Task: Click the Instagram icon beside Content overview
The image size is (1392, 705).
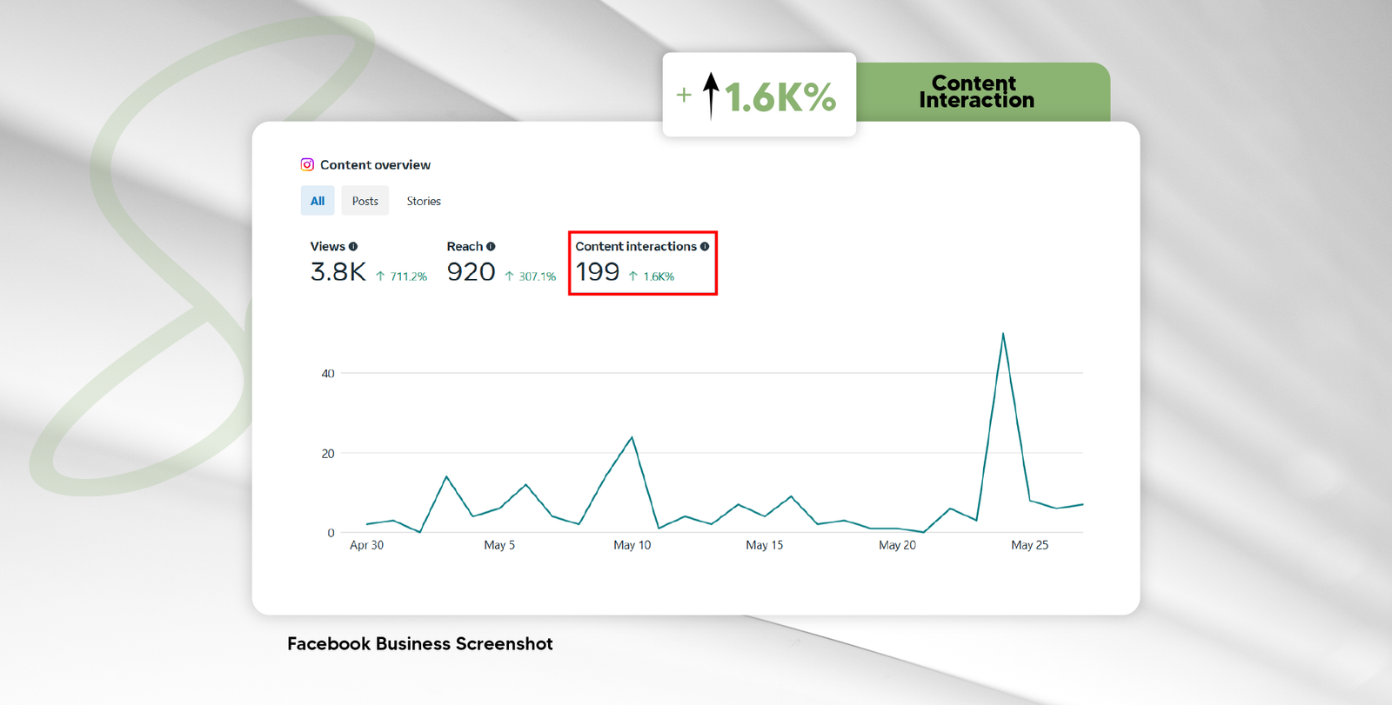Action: pyautogui.click(x=307, y=164)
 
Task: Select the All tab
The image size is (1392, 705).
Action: pyautogui.click(x=318, y=201)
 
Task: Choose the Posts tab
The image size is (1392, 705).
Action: pyautogui.click(x=365, y=201)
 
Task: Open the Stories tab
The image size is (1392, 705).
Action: pyautogui.click(x=424, y=201)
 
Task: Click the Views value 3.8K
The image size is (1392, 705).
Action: pyautogui.click(x=338, y=272)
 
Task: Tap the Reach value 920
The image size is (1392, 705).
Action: pyautogui.click(x=471, y=272)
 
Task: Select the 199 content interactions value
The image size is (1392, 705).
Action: pyautogui.click(x=598, y=272)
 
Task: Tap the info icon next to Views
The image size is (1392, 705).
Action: pyautogui.click(x=353, y=247)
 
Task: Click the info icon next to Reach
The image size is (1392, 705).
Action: pyautogui.click(x=491, y=247)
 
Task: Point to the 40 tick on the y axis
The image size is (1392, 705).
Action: pyautogui.click(x=328, y=374)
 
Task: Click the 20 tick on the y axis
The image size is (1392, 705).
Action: pyautogui.click(x=328, y=454)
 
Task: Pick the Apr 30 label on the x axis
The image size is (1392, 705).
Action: pyautogui.click(x=366, y=545)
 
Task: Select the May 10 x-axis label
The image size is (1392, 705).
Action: pyautogui.click(x=632, y=545)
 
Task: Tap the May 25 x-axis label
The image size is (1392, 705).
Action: pyautogui.click(x=1029, y=545)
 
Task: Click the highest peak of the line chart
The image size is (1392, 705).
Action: pyautogui.click(x=1003, y=334)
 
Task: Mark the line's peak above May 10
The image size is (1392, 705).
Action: pyautogui.click(x=632, y=437)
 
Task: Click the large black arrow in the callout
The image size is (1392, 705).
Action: pyautogui.click(x=711, y=95)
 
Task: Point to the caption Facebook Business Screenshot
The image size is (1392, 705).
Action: pyautogui.click(x=420, y=644)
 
